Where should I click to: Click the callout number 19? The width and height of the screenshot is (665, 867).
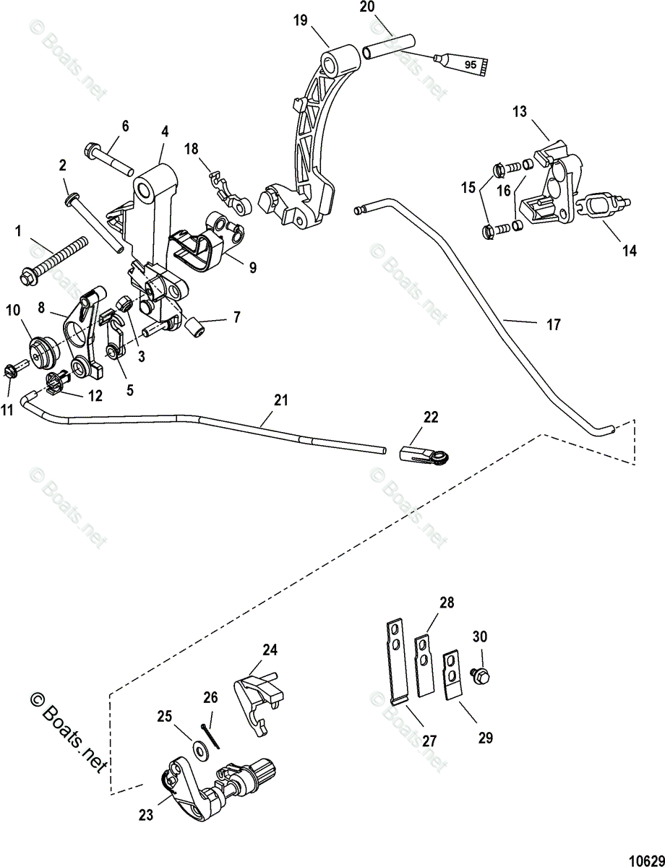click(301, 20)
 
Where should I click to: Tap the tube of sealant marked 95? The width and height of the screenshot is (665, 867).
click(462, 64)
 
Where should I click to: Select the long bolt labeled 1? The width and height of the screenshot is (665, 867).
click(53, 260)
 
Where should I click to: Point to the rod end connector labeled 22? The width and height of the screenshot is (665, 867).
click(425, 454)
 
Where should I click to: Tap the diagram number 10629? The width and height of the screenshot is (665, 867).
click(647, 858)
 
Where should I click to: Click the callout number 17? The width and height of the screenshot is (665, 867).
click(554, 324)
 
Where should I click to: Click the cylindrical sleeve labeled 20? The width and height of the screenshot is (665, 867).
click(389, 48)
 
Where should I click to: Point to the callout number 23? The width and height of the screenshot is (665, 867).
click(146, 815)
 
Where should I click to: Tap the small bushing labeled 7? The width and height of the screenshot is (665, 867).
click(195, 329)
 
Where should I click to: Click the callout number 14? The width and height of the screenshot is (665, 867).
click(630, 251)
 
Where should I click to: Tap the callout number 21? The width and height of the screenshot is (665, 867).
click(281, 400)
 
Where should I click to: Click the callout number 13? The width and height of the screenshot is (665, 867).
click(520, 112)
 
